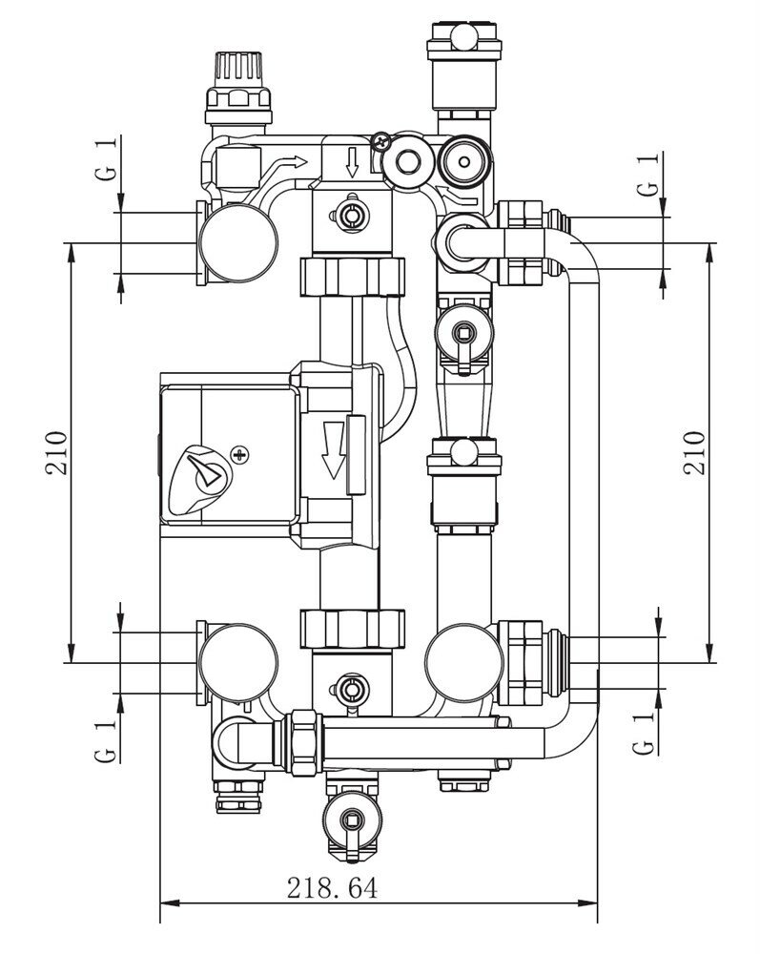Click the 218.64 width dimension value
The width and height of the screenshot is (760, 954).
332,887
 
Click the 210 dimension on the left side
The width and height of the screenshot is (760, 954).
56,452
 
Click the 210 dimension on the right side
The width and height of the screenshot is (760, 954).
694,452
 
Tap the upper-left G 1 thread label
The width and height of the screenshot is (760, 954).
106,159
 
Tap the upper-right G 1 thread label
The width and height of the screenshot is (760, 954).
648,174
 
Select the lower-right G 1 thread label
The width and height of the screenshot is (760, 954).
644,733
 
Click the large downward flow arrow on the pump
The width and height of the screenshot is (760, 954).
333,450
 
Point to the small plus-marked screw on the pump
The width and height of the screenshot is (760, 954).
240,454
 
